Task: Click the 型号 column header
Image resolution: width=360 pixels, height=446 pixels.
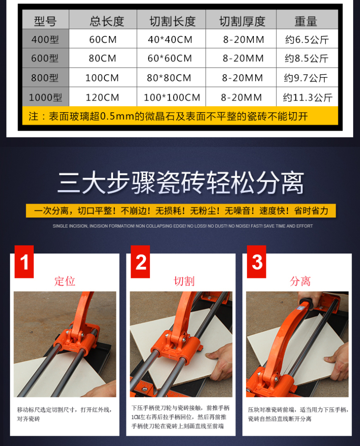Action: point(45,21)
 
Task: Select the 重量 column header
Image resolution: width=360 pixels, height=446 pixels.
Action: point(306,21)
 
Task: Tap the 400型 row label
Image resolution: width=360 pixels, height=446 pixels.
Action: point(45,39)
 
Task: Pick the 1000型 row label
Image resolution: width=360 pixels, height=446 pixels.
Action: point(46,97)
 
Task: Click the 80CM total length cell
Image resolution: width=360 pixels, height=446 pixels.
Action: point(102,58)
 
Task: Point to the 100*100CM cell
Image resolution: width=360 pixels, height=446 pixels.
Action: point(172,97)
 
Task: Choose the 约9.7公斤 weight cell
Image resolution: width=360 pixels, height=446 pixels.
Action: point(306,78)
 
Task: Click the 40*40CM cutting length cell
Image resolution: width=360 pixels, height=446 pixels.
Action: point(170,39)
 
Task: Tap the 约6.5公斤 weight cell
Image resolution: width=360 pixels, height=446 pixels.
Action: point(307,39)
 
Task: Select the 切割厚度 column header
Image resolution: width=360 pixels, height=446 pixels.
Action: point(242,21)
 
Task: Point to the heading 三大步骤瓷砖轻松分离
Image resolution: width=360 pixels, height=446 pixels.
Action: point(181,182)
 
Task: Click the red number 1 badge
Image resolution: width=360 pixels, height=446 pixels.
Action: point(24,262)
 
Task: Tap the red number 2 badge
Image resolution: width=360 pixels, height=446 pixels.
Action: point(140,262)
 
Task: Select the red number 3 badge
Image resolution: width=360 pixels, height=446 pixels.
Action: point(257,262)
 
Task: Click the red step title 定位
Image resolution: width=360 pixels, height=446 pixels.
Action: point(65,281)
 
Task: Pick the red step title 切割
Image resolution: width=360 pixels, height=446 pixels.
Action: point(184,281)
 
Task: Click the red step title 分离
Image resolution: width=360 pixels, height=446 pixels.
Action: point(300,281)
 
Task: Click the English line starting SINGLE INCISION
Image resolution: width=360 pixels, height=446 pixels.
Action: point(183,226)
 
